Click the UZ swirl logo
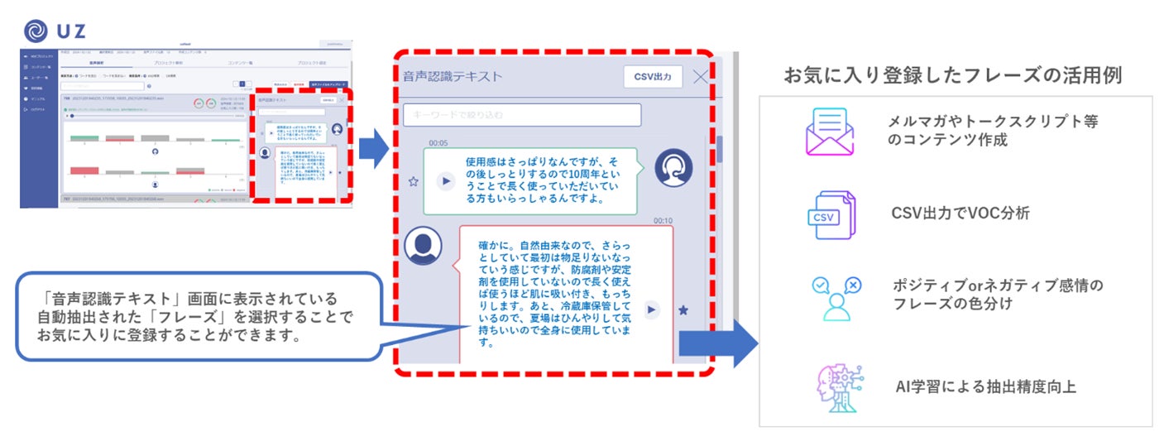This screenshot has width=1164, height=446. point(36,31)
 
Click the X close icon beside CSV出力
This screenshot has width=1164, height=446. point(700,77)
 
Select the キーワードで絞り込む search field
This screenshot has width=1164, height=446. point(522,114)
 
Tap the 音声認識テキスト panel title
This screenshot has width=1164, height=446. point(453,77)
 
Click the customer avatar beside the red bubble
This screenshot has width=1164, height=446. point(423,246)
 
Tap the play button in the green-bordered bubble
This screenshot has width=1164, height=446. point(446,180)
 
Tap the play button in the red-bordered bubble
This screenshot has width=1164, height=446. point(652,309)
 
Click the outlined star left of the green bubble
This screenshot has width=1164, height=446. point(414,181)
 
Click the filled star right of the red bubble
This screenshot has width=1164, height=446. point(683,309)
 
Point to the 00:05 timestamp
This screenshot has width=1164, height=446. point(438,143)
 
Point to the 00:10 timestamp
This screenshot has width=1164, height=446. point(662,221)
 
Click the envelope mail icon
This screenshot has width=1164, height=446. point(829,132)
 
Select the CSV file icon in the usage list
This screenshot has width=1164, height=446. point(830,214)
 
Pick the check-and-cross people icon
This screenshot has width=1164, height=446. point(834,296)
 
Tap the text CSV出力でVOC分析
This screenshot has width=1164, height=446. point(960,213)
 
